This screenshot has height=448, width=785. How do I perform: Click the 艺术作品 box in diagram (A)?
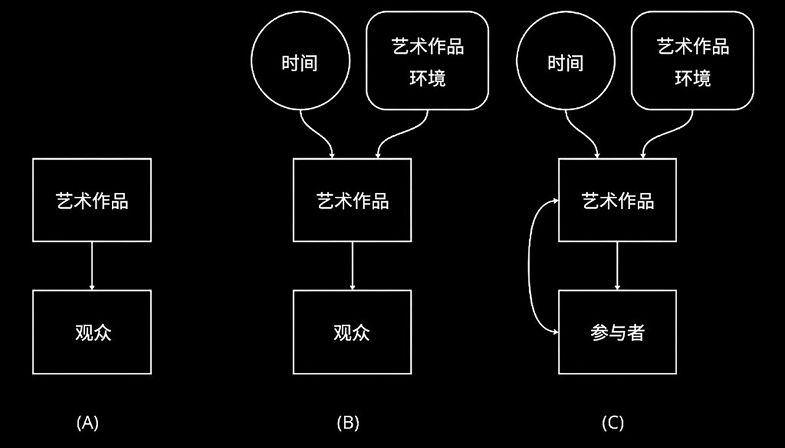[x=92, y=200]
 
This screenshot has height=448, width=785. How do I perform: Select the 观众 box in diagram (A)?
[x=92, y=332]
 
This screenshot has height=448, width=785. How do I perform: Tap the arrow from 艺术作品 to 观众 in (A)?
[x=92, y=266]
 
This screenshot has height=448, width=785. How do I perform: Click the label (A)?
[x=88, y=422]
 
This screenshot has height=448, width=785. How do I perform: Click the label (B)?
[x=347, y=422]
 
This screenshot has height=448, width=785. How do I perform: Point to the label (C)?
[x=612, y=422]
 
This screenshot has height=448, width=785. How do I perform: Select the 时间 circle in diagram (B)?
[x=300, y=63]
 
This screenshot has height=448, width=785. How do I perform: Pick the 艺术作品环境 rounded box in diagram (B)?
[x=427, y=63]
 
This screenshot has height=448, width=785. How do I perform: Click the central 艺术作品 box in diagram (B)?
[x=352, y=200]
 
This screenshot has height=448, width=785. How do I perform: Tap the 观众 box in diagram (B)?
[x=352, y=332]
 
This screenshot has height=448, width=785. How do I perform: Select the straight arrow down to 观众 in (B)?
[x=353, y=266]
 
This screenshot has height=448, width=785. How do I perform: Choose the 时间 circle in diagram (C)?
[x=565, y=63]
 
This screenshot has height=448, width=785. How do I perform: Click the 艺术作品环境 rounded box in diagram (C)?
[x=693, y=63]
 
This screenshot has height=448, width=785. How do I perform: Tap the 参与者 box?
[x=618, y=332]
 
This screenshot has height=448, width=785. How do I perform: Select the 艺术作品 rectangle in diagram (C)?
[x=618, y=200]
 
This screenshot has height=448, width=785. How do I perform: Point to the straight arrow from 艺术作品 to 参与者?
[x=618, y=266]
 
